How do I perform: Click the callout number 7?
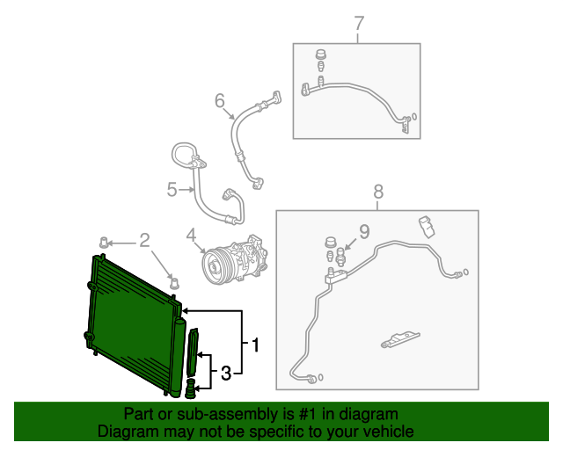pyautogui.click(x=358, y=24)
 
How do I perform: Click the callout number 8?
pyautogui.click(x=378, y=191)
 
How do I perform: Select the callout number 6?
pyautogui.click(x=220, y=102)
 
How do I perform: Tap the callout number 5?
pyautogui.click(x=172, y=187)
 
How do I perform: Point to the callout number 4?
pyautogui.click(x=191, y=235)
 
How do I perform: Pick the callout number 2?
pyautogui.click(x=144, y=238)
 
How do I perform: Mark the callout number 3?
pyautogui.click(x=225, y=374)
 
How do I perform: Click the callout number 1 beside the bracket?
pyautogui.click(x=256, y=345)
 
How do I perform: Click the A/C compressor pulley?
pyautogui.click(x=214, y=265)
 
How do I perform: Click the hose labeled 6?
pyautogui.click(x=238, y=141)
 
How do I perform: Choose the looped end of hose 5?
pyautogui.click(x=184, y=154)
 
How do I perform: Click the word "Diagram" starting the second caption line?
pyautogui.click(x=125, y=432)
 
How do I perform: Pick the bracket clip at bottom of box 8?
pyautogui.click(x=399, y=338)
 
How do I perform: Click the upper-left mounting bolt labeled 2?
pyautogui.click(x=104, y=242)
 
